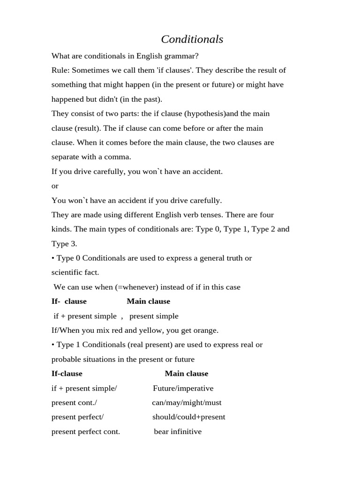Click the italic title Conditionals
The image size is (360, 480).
192,39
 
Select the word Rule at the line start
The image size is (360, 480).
60,70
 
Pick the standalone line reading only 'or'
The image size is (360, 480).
55,186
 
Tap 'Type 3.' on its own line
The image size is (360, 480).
64,244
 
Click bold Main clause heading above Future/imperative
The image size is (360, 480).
187,374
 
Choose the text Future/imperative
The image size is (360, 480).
183,388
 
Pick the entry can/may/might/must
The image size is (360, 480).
187,403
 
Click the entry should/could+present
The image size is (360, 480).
189,417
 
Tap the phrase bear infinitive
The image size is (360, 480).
178,432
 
